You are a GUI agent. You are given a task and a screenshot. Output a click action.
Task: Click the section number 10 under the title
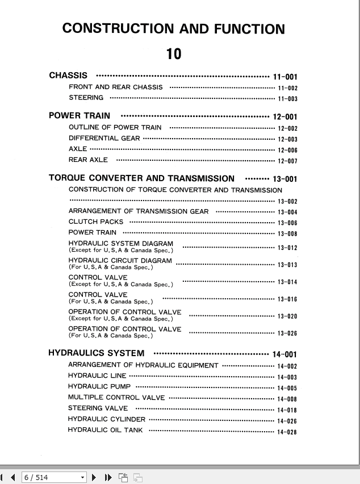[174, 54]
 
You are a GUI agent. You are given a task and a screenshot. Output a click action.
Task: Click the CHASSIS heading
[68, 76]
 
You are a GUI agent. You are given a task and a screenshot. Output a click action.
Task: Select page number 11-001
[285, 77]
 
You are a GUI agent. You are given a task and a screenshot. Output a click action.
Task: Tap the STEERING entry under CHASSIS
[86, 98]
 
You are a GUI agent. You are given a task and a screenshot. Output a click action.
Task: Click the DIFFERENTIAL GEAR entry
[104, 138]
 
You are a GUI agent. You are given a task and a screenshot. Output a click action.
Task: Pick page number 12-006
[287, 151]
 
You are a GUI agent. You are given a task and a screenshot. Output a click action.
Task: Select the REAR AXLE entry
[88, 160]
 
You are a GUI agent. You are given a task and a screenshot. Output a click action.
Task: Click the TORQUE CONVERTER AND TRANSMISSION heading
[141, 178]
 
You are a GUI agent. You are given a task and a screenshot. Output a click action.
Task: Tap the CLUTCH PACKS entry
[95, 222]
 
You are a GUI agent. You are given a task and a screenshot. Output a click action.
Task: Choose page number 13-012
[287, 248]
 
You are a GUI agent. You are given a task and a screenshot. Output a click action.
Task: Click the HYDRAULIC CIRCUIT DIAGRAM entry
[120, 261]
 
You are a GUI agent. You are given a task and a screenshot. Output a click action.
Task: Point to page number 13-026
[287, 333]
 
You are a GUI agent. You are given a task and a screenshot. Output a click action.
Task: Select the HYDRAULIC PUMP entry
[99, 387]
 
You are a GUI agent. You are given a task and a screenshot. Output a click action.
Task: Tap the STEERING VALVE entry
[98, 408]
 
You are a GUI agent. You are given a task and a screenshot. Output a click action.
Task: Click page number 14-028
[287, 432]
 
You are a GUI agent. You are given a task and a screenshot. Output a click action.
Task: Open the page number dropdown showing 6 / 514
[83, 478]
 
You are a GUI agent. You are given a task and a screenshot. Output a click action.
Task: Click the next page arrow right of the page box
[94, 478]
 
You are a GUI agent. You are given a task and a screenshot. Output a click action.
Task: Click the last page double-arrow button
[108, 478]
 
